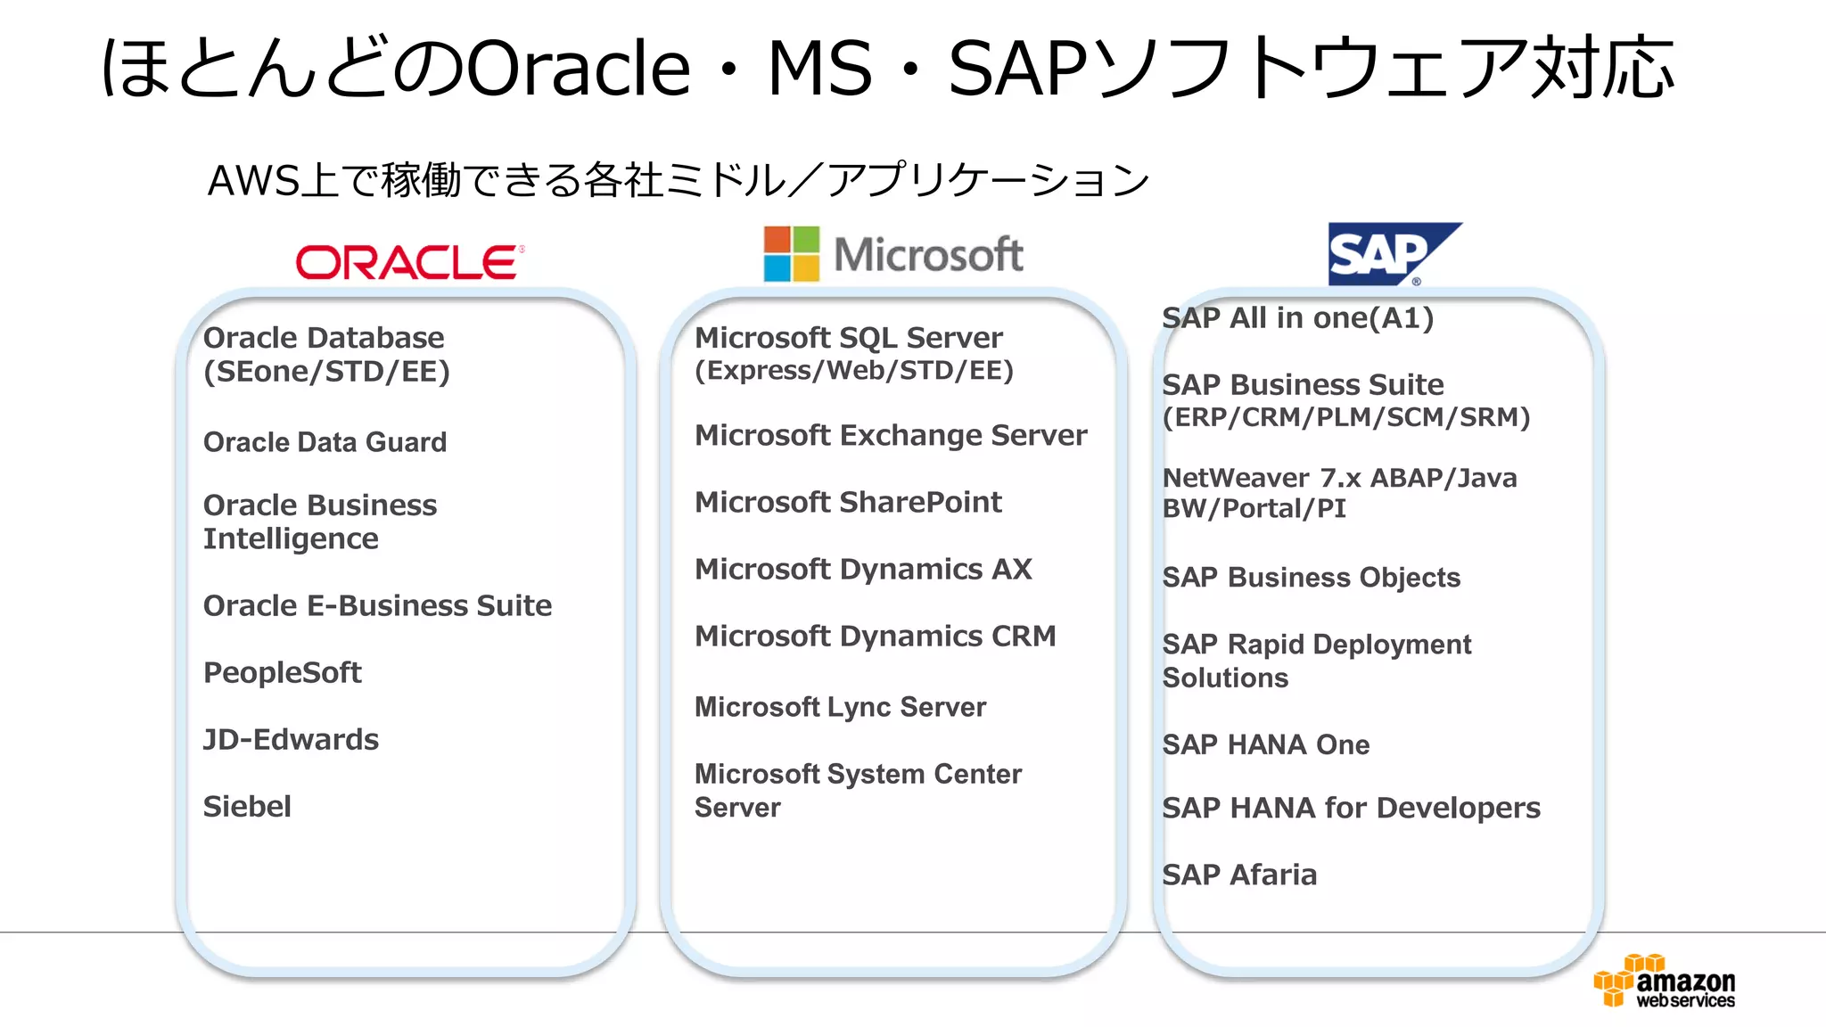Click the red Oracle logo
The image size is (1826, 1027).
click(x=409, y=262)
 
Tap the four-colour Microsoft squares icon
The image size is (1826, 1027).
click(x=791, y=254)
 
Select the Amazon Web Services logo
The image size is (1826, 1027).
click(x=1664, y=981)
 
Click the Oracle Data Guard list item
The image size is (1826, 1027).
click(x=325, y=442)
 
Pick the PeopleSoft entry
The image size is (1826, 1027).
click(x=282, y=672)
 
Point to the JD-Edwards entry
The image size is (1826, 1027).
click(x=291, y=739)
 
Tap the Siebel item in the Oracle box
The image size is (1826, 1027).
click(x=247, y=806)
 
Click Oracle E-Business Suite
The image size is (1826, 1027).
click(x=377, y=605)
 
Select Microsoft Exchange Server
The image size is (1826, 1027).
click(x=890, y=435)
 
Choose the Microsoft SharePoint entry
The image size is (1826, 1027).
click(x=848, y=502)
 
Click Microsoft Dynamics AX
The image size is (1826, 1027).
click(x=863, y=569)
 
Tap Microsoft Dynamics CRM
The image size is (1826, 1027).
click(x=875, y=636)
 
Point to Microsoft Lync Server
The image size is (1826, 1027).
click(x=840, y=707)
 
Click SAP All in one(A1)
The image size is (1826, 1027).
click(x=1297, y=317)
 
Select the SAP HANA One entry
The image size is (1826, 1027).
click(x=1265, y=744)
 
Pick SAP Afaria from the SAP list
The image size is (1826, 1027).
click(x=1239, y=875)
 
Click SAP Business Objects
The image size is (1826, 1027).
click(x=1311, y=578)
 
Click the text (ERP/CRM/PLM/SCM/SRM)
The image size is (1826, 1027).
click(x=1345, y=417)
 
